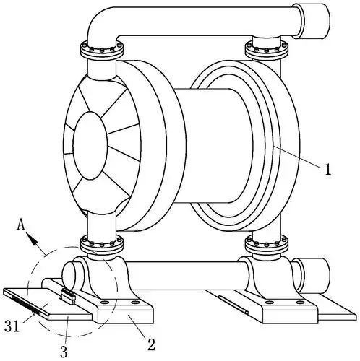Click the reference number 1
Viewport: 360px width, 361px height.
[328, 169]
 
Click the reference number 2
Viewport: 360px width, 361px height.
[151, 344]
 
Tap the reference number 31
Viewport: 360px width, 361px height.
[12, 326]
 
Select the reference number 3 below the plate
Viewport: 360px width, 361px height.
[64, 352]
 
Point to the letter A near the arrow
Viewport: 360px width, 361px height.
[21, 225]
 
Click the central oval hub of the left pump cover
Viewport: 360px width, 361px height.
[90, 146]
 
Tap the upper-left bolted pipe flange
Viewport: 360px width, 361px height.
[101, 51]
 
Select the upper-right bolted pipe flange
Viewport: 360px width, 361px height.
[267, 50]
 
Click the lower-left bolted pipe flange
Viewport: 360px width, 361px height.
[101, 244]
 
